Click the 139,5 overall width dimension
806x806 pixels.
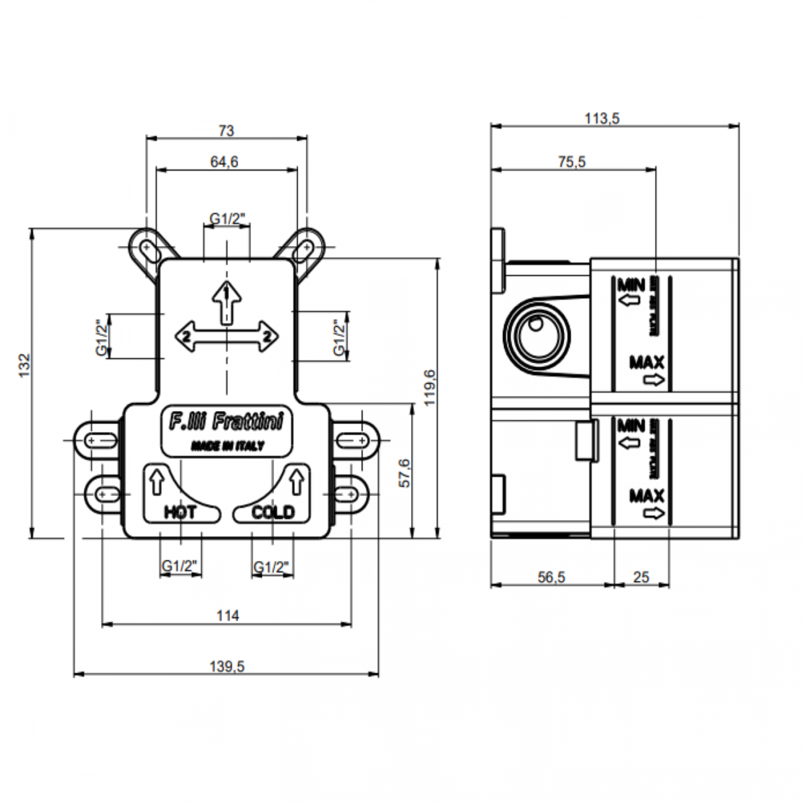click(227, 666)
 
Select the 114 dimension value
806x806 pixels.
click(228, 616)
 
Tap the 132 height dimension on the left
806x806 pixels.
click(24, 366)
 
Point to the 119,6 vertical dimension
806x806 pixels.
click(430, 387)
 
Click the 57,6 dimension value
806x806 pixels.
click(404, 473)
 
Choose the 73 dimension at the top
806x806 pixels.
click(227, 130)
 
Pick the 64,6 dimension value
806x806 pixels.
click(224, 162)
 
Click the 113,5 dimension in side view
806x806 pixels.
click(603, 118)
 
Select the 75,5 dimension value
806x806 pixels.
click(571, 162)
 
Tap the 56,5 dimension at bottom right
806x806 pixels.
click(551, 577)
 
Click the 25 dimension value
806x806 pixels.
click(641, 577)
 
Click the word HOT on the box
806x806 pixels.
click(180, 512)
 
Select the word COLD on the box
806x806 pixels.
click(273, 512)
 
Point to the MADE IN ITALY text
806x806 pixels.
click(227, 446)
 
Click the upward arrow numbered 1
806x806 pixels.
click(228, 301)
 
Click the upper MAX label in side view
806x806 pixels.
click(647, 361)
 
